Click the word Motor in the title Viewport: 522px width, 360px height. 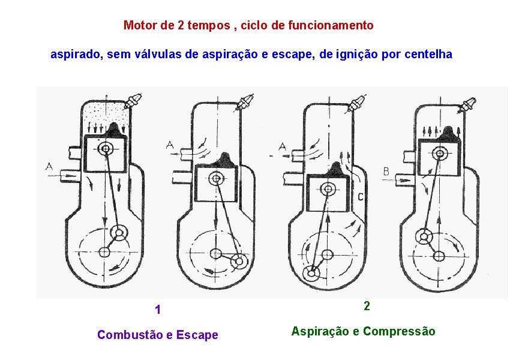pyautogui.click(x=137, y=25)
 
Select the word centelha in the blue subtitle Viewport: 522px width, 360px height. pyautogui.click(x=429, y=55)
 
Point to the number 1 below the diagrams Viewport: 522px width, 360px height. pyautogui.click(x=157, y=310)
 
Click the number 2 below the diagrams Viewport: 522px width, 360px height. pyautogui.click(x=367, y=305)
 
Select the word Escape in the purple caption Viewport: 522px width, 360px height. pyautogui.click(x=199, y=335)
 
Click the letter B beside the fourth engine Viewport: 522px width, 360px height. pyautogui.click(x=386, y=172)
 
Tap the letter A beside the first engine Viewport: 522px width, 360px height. pyautogui.click(x=49, y=166)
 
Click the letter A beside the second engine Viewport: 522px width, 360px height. pyautogui.click(x=170, y=145)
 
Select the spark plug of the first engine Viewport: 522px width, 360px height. pyautogui.click(x=134, y=100)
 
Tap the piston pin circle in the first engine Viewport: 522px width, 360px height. pyautogui.click(x=107, y=148)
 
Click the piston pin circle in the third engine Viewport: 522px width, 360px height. pyautogui.click(x=327, y=188)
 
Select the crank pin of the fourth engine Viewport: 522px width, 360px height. pyautogui.click(x=425, y=236)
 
